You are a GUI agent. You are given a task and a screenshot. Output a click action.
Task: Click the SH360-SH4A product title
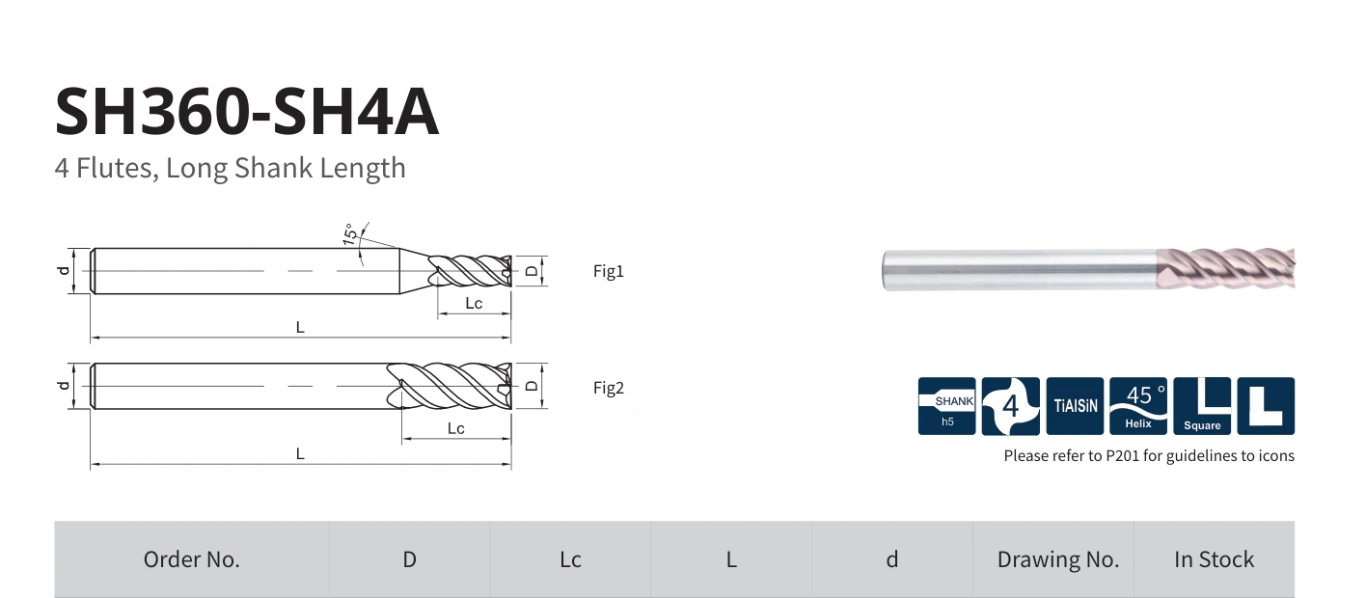[247, 112]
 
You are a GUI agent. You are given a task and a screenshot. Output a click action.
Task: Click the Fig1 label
[609, 271]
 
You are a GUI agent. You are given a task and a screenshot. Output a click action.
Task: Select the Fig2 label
[609, 389]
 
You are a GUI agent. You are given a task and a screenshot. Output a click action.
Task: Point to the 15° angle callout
[350, 234]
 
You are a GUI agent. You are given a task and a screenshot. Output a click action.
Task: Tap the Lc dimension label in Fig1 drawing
[474, 304]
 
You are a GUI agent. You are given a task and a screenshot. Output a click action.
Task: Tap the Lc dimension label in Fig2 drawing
[456, 428]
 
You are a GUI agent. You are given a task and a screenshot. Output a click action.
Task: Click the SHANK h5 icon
[947, 406]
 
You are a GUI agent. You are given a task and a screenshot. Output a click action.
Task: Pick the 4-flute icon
[1010, 406]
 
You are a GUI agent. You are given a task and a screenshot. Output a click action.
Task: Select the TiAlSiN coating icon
[1075, 406]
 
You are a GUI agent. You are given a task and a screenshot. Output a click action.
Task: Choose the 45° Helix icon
[1138, 406]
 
